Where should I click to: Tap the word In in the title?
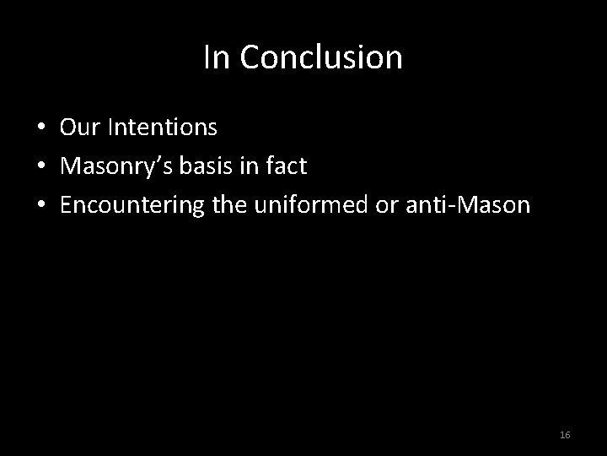215,58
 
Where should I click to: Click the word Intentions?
158,128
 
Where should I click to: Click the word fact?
287,167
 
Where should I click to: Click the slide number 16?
565,434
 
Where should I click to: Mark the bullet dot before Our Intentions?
40,129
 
